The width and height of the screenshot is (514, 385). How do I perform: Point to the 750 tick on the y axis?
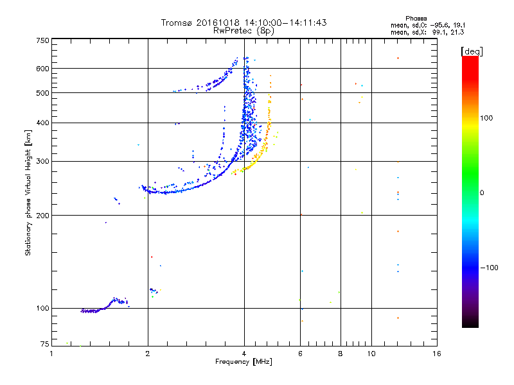pos(42,40)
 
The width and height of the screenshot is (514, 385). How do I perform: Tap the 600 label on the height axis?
pos(42,68)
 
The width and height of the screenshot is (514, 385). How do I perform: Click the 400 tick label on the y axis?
pos(42,123)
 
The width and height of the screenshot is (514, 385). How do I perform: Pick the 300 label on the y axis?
pos(42,161)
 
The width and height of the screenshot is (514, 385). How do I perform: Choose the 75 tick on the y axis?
pos(44,345)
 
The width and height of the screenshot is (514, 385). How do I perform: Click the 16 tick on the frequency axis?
pos(436,354)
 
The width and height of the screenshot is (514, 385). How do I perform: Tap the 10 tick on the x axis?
pos(371,354)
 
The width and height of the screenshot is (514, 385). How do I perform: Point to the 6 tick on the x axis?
pos(300,354)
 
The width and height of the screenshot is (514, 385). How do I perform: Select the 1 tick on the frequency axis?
pos(51,354)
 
